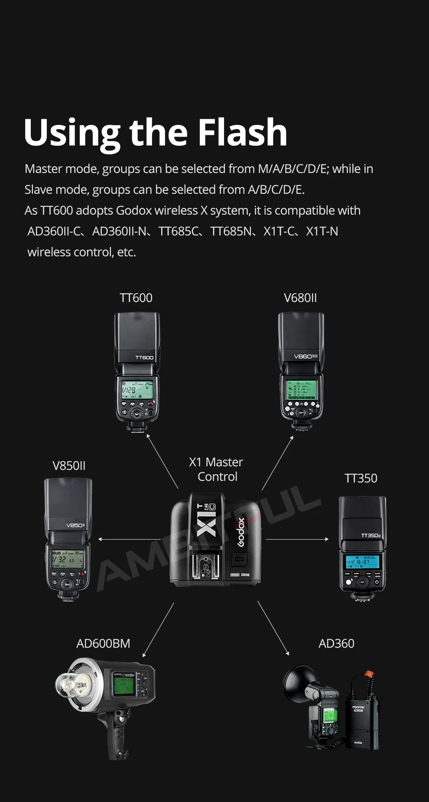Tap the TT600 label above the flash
tap(136, 298)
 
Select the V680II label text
tap(300, 298)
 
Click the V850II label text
tap(69, 466)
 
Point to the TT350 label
tap(361, 478)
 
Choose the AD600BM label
tap(103, 644)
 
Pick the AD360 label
tap(336, 644)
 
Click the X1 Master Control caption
tap(216, 469)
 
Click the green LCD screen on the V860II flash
tap(301, 390)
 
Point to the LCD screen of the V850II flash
tap(68, 559)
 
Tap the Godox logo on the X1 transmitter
tap(241, 532)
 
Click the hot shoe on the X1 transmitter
tap(205, 566)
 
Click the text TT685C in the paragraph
tap(178, 232)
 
